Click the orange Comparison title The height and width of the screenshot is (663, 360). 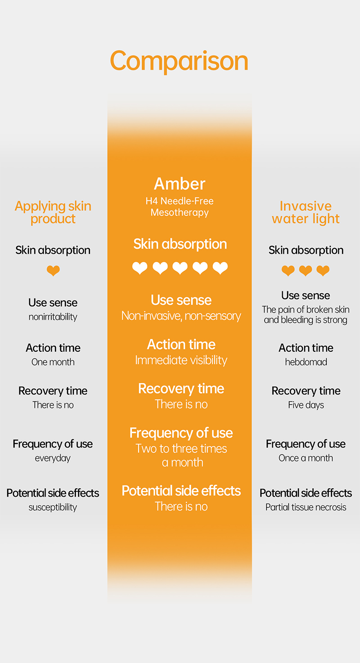[x=179, y=61]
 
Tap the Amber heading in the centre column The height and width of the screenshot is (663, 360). [x=180, y=184]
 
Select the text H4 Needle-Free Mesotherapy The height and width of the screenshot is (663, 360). [x=180, y=206]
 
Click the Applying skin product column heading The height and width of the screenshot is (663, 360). [x=53, y=212]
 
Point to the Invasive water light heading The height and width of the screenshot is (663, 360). [x=306, y=212]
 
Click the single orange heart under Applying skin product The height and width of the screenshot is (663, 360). [x=53, y=270]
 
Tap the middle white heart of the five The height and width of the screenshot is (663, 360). [x=180, y=268]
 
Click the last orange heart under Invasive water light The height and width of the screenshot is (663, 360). [x=323, y=270]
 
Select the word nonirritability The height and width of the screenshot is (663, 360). [x=53, y=317]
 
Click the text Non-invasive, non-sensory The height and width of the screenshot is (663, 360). [x=181, y=316]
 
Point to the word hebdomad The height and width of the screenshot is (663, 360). [x=306, y=362]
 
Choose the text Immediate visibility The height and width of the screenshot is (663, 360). [x=181, y=360]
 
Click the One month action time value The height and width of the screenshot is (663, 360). [x=53, y=362]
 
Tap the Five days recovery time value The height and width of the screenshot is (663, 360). [x=306, y=405]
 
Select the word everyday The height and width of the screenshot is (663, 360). [x=53, y=458]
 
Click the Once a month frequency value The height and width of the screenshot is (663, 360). [x=306, y=458]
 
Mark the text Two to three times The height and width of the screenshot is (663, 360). [x=181, y=449]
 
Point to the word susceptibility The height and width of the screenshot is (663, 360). [x=53, y=507]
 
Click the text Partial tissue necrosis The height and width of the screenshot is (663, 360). [x=306, y=507]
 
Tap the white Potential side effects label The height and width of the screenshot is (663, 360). [x=181, y=491]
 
